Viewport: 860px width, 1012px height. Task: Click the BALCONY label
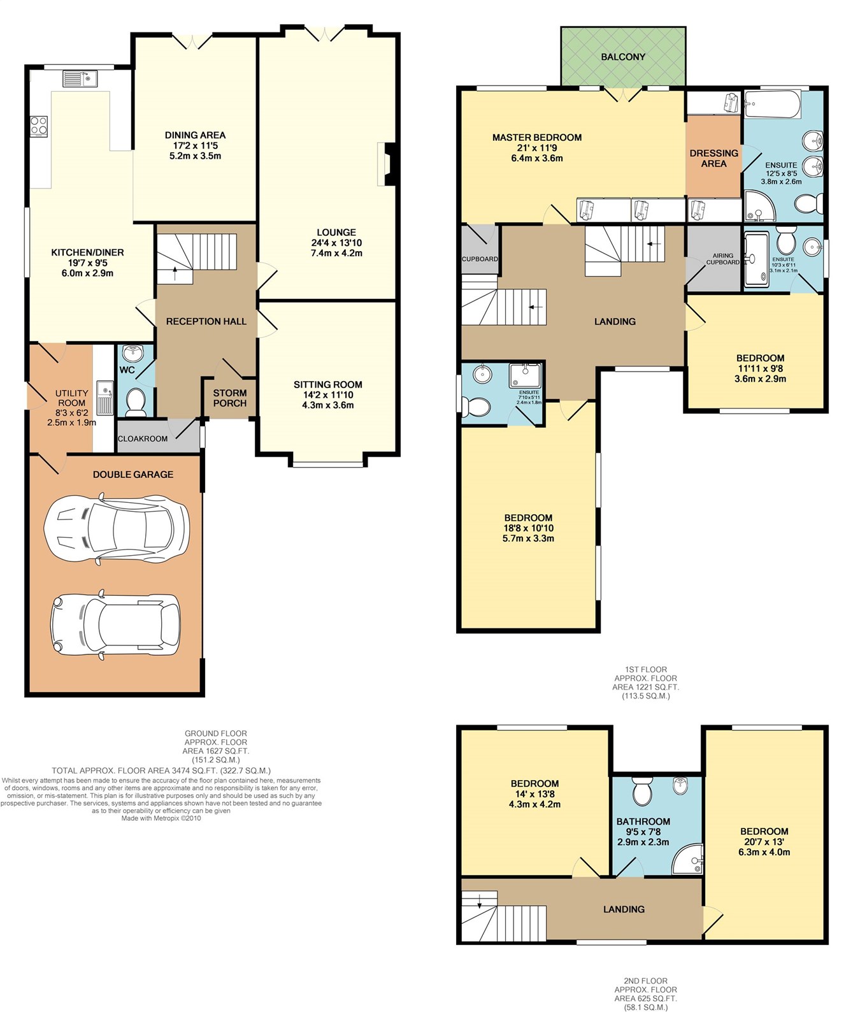623,57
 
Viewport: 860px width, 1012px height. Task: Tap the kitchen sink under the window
79,78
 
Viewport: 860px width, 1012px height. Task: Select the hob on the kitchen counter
39,124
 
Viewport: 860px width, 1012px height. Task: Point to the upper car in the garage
117,529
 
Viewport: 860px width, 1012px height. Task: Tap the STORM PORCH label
230,398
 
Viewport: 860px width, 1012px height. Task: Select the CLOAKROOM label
143,438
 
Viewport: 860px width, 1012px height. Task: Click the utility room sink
105,397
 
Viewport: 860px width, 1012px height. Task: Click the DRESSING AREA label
714,158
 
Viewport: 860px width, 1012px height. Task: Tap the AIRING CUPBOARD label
722,259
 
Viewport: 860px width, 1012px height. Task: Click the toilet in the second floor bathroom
641,791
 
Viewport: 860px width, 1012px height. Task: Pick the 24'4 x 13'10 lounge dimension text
336,243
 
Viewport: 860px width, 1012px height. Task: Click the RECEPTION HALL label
206,321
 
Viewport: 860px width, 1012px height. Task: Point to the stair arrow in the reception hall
175,273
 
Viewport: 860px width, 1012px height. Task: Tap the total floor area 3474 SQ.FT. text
161,770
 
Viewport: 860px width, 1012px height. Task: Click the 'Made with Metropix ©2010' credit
161,818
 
